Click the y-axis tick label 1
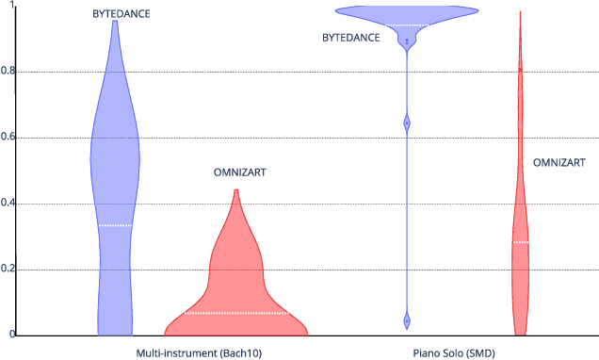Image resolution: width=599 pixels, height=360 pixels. click(x=11, y=6)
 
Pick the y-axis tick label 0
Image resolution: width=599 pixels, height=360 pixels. click(x=11, y=335)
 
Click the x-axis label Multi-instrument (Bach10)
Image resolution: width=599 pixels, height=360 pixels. click(x=199, y=352)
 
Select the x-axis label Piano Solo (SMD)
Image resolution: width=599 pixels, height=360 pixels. click(x=453, y=352)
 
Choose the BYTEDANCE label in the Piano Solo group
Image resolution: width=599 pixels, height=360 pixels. click(x=350, y=38)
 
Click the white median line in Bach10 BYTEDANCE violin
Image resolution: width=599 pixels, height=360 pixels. click(x=115, y=225)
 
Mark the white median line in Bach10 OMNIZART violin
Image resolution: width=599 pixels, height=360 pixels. click(x=235, y=312)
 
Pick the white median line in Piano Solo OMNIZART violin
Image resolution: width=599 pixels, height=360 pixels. click(x=521, y=242)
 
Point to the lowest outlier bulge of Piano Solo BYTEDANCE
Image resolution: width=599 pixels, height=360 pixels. click(x=407, y=320)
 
